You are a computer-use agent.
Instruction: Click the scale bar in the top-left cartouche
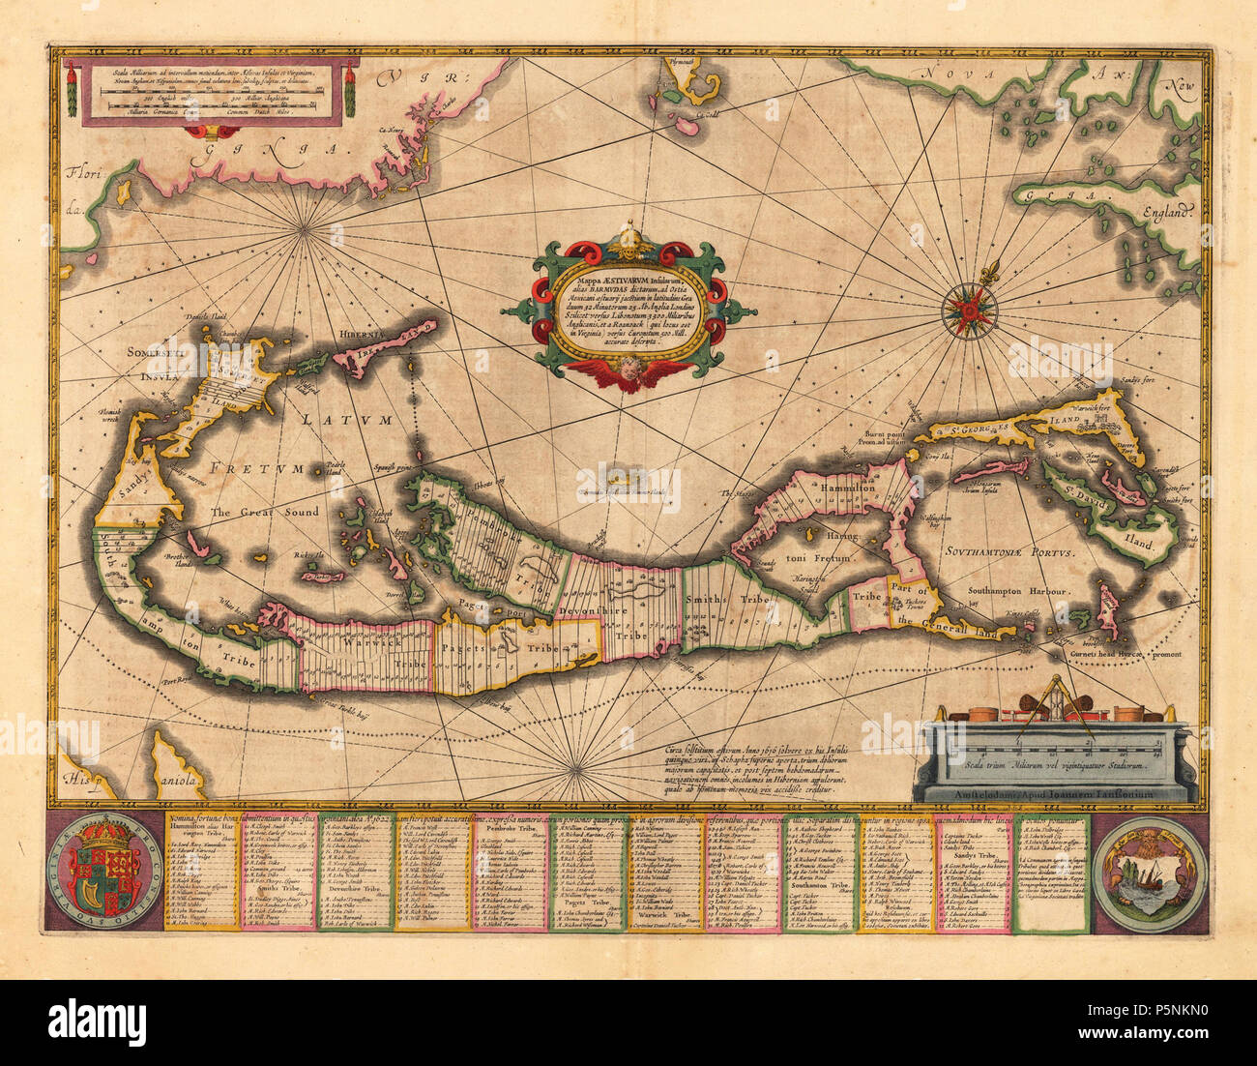coord(208,92)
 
